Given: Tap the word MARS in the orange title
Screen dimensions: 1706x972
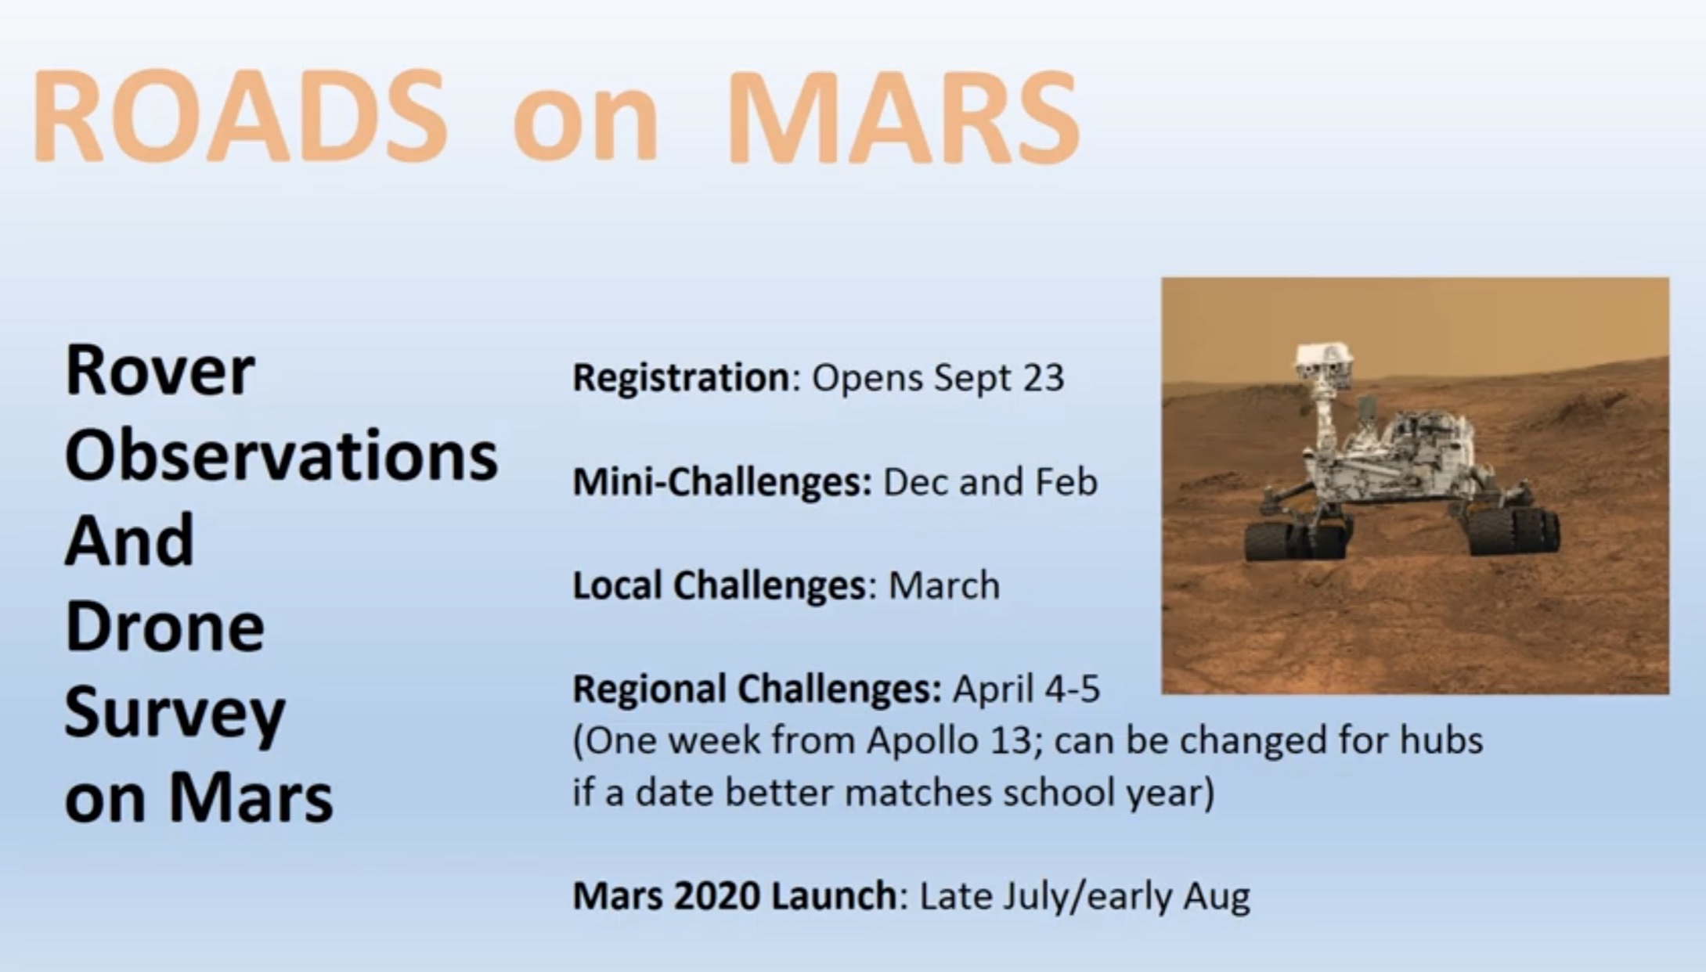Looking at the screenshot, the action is [x=903, y=117].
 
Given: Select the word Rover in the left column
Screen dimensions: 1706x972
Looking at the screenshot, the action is [x=160, y=371].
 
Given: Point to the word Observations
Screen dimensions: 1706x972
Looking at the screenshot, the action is [x=281, y=455].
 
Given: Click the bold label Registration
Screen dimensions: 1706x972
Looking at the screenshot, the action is [x=682, y=379].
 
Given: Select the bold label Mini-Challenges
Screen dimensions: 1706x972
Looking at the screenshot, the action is [x=722, y=482].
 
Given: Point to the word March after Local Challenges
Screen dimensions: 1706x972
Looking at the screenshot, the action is [x=944, y=586].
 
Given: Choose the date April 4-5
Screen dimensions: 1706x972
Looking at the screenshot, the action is [x=1026, y=689].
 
